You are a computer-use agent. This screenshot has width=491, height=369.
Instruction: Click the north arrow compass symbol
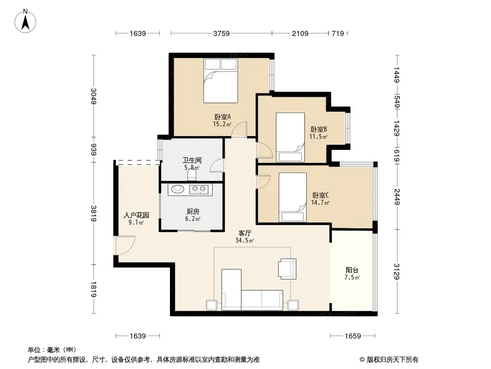(x=25, y=21)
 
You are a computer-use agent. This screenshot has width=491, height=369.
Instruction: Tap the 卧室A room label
(x=222, y=117)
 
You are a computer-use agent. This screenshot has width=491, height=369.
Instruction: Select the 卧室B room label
(x=319, y=129)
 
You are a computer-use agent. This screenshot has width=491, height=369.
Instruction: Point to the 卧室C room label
(x=320, y=195)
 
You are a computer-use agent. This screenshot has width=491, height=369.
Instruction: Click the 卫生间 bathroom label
(x=192, y=160)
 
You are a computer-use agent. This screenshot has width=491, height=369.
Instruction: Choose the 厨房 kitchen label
(x=193, y=212)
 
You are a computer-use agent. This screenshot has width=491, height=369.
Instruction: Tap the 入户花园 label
(x=136, y=215)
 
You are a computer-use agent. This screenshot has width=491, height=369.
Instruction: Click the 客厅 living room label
(x=245, y=233)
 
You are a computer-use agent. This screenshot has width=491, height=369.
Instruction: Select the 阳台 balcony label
(x=352, y=270)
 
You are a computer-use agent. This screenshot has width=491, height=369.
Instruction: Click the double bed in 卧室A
(x=221, y=81)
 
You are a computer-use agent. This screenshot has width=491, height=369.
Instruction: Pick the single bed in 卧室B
(x=290, y=137)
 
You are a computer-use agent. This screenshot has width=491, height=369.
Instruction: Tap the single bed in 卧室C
(x=292, y=197)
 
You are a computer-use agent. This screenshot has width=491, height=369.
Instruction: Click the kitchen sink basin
(x=177, y=188)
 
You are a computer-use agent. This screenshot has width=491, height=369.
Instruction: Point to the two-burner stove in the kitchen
(x=199, y=189)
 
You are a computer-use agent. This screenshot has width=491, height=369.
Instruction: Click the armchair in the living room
(x=287, y=268)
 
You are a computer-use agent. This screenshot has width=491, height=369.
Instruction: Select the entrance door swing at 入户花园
(x=125, y=245)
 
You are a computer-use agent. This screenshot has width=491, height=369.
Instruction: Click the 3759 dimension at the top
(x=222, y=33)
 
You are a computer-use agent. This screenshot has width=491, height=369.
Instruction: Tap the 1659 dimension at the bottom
(x=353, y=336)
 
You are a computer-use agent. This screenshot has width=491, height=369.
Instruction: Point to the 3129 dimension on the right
(x=397, y=272)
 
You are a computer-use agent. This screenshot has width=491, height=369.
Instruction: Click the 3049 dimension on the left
(x=94, y=96)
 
